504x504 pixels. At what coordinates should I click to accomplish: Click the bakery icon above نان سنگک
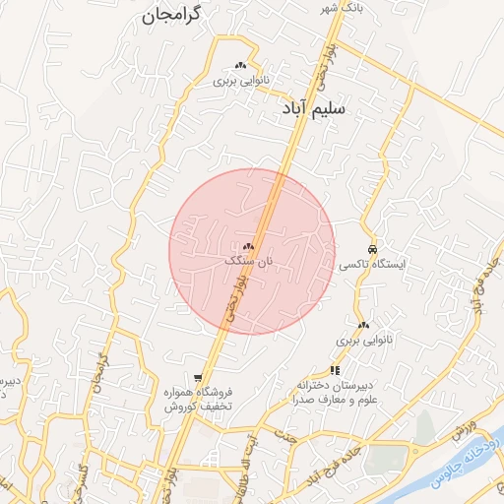pos(248,246)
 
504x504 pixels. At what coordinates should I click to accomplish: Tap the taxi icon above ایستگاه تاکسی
pos(371,249)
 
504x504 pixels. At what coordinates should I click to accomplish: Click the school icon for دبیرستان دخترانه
pos(336,370)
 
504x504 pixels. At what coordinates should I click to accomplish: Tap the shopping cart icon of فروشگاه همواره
pos(198,378)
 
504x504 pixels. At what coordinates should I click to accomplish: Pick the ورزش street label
pos(466,428)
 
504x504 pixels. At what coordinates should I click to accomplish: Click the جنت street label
pos(286,434)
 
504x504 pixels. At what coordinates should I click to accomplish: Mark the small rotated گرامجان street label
pos(100,368)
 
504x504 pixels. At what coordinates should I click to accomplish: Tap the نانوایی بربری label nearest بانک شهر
pos(242,83)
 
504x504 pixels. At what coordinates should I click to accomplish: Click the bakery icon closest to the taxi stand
pos(364,324)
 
